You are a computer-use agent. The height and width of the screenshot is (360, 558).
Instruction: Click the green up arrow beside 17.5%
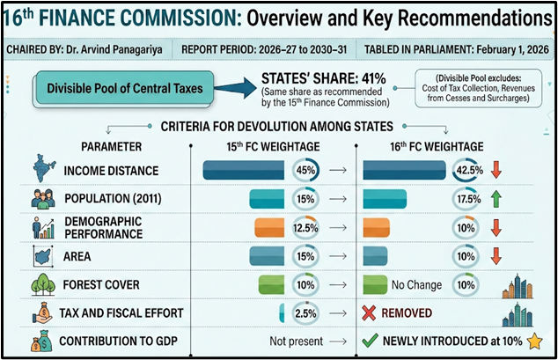tap(496, 199)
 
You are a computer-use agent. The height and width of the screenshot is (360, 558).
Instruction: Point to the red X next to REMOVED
tap(370, 312)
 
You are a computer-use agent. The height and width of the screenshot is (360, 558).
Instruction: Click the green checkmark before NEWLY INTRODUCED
tap(370, 341)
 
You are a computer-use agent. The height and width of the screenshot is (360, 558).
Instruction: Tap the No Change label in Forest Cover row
tap(417, 284)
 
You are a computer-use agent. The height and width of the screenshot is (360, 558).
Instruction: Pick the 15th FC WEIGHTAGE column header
tap(273, 145)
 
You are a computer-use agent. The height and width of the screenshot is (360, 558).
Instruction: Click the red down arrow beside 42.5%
tap(496, 170)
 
